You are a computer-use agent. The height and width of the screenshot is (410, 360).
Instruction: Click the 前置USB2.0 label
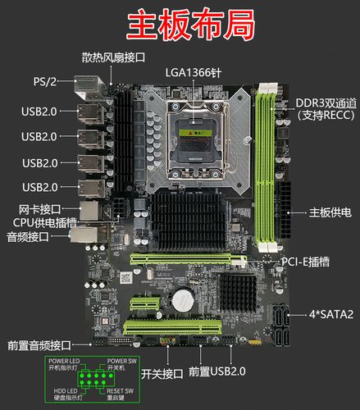point(216,371)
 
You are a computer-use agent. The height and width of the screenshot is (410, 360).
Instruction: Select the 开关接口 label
point(162,374)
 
